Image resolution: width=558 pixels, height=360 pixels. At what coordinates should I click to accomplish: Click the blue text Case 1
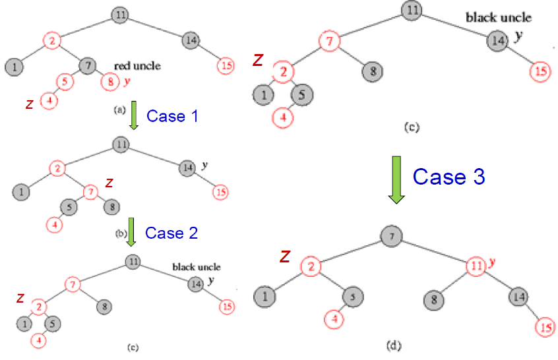point(172,116)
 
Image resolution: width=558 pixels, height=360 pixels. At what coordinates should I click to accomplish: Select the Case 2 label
point(171,233)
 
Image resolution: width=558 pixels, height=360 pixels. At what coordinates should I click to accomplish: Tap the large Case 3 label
point(449,176)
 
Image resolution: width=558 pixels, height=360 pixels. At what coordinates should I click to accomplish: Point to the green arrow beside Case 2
point(131,232)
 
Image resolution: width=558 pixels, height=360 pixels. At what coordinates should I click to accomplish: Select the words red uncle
point(137,66)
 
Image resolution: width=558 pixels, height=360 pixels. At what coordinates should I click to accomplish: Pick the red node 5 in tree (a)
point(64,82)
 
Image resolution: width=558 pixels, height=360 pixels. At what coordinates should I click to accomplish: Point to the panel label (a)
point(119,111)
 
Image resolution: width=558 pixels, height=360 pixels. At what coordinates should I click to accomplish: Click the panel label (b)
point(119,232)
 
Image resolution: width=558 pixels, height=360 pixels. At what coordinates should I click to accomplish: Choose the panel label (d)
point(394,345)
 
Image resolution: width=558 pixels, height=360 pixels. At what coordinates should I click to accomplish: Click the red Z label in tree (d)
point(285,256)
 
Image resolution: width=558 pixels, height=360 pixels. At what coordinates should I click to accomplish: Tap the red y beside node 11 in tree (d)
point(491,262)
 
